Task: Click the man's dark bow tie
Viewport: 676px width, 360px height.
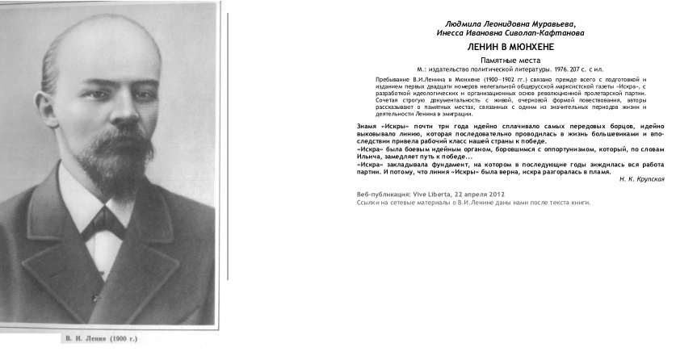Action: pos(103,220)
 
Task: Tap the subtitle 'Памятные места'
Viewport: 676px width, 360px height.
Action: pos(510,61)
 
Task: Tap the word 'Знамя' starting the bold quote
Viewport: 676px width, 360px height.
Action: pos(366,127)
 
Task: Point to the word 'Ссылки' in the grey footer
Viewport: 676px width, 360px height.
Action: pos(367,203)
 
